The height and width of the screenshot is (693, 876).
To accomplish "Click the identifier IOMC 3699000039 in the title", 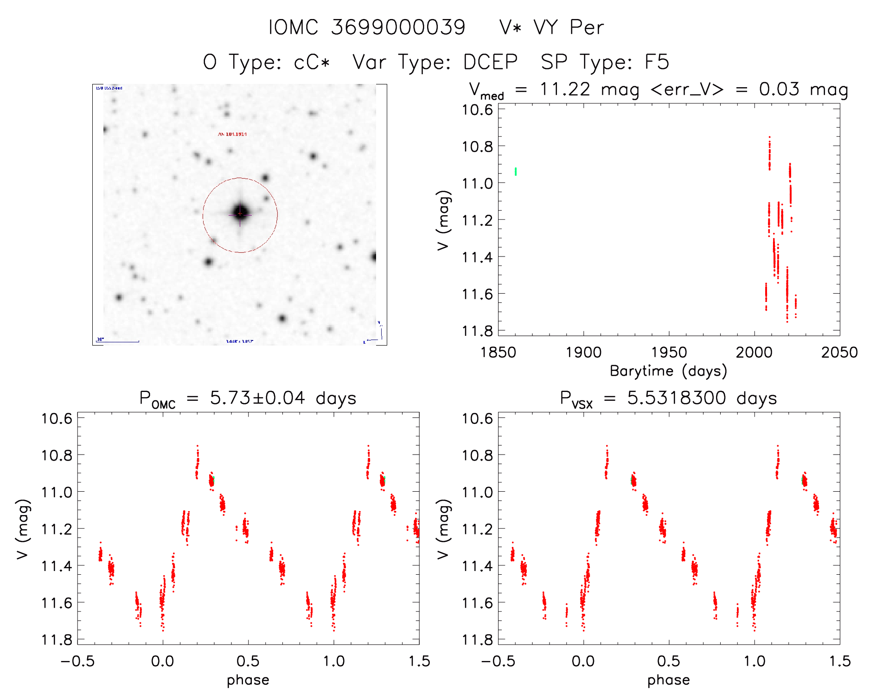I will pyautogui.click(x=367, y=27).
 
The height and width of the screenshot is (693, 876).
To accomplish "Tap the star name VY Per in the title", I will pyautogui.click(x=569, y=27).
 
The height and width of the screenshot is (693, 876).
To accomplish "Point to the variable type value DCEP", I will pyautogui.click(x=491, y=62).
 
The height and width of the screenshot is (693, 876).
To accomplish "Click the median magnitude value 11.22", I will pyautogui.click(x=564, y=89).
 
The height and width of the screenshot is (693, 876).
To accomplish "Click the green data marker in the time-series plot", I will pyautogui.click(x=516, y=172).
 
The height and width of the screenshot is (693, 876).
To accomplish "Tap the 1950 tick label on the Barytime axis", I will pyautogui.click(x=669, y=353).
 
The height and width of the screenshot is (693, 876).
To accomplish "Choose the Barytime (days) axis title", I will pyautogui.click(x=668, y=371).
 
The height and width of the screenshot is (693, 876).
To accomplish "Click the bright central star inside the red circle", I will pyautogui.click(x=240, y=213).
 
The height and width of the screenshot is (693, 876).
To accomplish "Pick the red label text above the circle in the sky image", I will pyautogui.click(x=232, y=134).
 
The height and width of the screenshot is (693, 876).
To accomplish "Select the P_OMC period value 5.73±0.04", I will pyautogui.click(x=257, y=398).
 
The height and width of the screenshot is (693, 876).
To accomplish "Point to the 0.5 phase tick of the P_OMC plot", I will pyautogui.click(x=248, y=661).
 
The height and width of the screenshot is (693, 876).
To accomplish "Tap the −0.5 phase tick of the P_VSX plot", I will pyautogui.click(x=498, y=661).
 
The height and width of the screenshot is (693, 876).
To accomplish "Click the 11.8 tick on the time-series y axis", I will pyautogui.click(x=477, y=331).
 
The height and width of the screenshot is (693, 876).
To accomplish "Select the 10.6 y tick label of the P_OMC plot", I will pyautogui.click(x=57, y=418).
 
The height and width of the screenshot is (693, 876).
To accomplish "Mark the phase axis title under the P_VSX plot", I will pyautogui.click(x=668, y=680).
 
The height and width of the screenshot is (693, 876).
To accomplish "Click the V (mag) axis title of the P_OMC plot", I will pyautogui.click(x=23, y=529).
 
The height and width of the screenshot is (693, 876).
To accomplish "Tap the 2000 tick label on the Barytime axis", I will pyautogui.click(x=754, y=353).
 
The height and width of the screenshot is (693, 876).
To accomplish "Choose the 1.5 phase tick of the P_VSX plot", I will pyautogui.click(x=839, y=661).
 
